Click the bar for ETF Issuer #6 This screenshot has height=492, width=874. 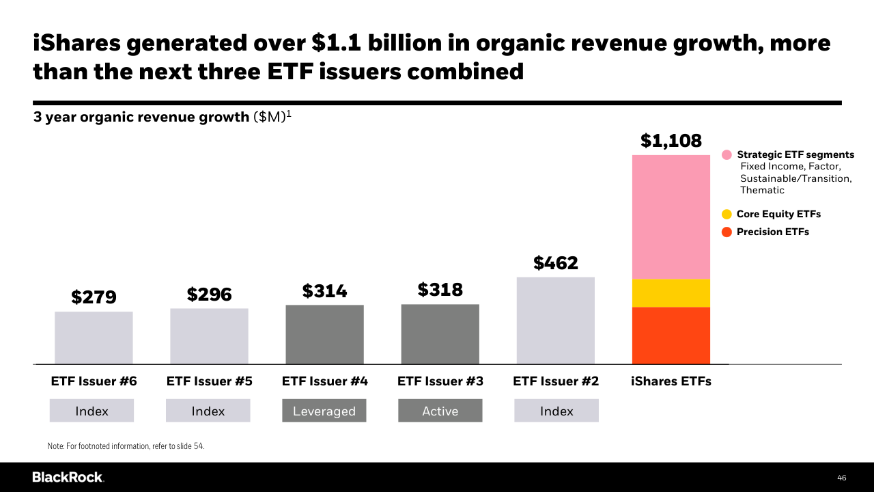point(94,338)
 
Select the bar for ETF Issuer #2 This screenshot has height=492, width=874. point(556,320)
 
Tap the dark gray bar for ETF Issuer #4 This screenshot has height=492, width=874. point(324,334)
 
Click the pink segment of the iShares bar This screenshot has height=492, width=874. point(671,217)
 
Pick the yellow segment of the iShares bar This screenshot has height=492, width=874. point(671,293)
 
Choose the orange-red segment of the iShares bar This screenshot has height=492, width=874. point(671,336)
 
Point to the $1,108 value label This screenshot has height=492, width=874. point(671,141)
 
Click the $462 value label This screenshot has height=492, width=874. point(556,263)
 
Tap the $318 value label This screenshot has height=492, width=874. point(440,290)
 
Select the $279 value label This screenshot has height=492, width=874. point(94,297)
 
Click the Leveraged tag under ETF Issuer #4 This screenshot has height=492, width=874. point(324,411)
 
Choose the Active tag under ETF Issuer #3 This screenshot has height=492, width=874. point(440,411)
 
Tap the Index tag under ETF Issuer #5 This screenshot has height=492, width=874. point(208,411)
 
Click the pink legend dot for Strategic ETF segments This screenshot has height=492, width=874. point(727,155)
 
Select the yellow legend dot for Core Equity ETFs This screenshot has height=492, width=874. point(727,215)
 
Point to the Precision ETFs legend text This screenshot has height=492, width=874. point(772,232)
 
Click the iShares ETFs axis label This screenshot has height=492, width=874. point(671,381)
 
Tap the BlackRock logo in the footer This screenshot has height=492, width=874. point(68,477)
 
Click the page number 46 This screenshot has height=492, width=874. point(841,478)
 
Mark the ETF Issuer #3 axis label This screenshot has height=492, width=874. point(440,381)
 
